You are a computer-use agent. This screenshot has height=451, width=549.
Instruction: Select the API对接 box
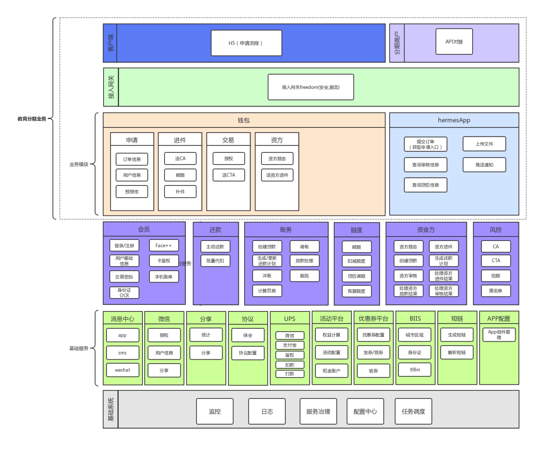click(454, 42)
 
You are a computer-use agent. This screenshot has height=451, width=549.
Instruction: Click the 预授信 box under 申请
click(132, 192)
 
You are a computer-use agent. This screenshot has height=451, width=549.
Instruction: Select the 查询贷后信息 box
click(425, 185)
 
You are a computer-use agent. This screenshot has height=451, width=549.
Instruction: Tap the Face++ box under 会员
click(164, 246)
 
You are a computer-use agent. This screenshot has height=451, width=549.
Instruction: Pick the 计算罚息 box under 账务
click(267, 291)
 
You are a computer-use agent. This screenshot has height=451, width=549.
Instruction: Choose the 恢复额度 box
click(357, 291)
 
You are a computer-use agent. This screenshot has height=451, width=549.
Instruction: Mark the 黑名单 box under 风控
click(496, 291)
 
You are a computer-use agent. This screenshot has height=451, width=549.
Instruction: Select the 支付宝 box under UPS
click(290, 345)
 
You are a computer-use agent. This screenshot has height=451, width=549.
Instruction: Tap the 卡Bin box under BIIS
click(414, 370)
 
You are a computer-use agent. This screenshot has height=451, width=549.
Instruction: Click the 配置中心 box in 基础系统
click(365, 412)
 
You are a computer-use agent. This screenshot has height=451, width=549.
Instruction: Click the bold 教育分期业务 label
click(32, 119)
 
